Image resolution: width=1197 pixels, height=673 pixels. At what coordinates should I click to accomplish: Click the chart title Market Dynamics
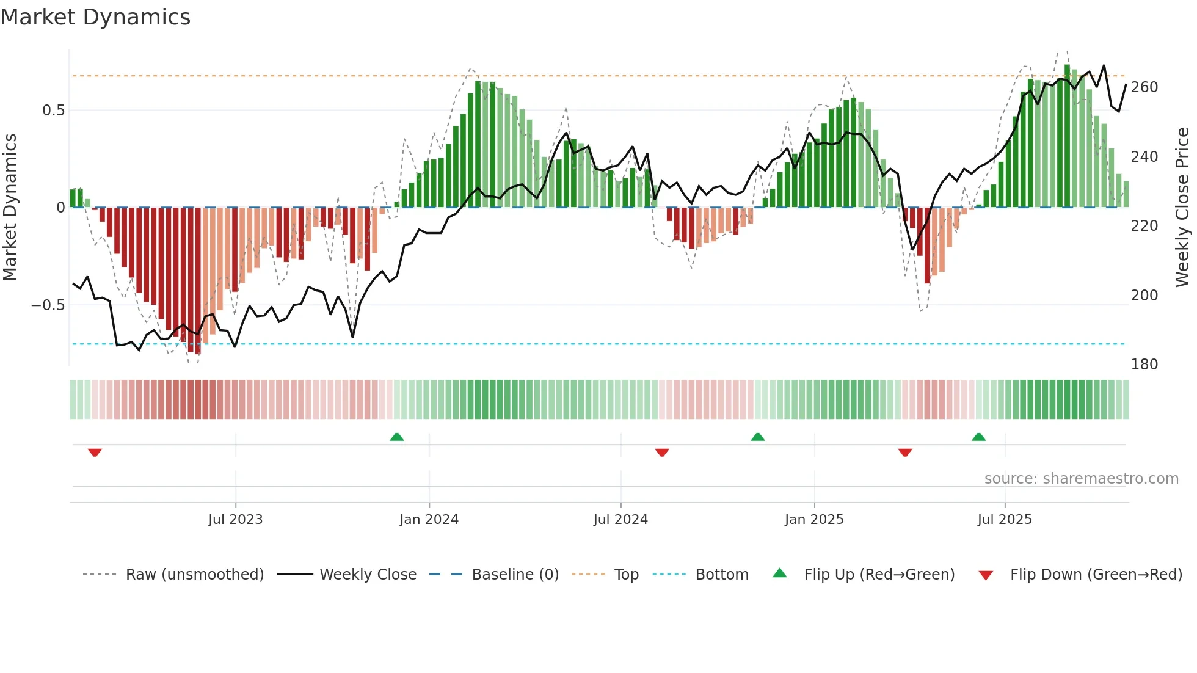(95, 17)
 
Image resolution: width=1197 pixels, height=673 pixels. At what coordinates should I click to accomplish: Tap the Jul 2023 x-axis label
(235, 520)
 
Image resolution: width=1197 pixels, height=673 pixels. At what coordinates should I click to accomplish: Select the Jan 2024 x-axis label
(429, 520)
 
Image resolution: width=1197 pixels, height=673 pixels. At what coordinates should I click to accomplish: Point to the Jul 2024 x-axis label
(620, 520)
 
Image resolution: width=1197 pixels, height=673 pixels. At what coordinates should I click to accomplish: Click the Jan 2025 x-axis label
(814, 520)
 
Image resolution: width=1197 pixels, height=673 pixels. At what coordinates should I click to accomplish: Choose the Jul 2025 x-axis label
(1005, 520)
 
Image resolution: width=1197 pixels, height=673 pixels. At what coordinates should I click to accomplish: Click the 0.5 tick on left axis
(53, 111)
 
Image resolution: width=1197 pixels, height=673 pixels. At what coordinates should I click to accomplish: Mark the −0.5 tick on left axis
(48, 305)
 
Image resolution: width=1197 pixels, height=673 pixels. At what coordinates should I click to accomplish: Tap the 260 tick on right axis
(1144, 87)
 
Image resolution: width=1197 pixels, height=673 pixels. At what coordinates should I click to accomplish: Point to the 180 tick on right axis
(1144, 365)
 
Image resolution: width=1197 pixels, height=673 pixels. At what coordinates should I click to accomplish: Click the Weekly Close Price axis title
(1182, 208)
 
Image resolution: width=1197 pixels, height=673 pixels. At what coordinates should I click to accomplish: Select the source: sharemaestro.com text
(1081, 479)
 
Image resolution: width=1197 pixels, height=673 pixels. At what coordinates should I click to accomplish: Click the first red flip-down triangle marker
(95, 453)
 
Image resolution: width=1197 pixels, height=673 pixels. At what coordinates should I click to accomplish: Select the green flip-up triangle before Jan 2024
(397, 437)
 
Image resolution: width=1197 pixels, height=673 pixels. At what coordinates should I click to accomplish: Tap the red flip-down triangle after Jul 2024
(662, 453)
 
